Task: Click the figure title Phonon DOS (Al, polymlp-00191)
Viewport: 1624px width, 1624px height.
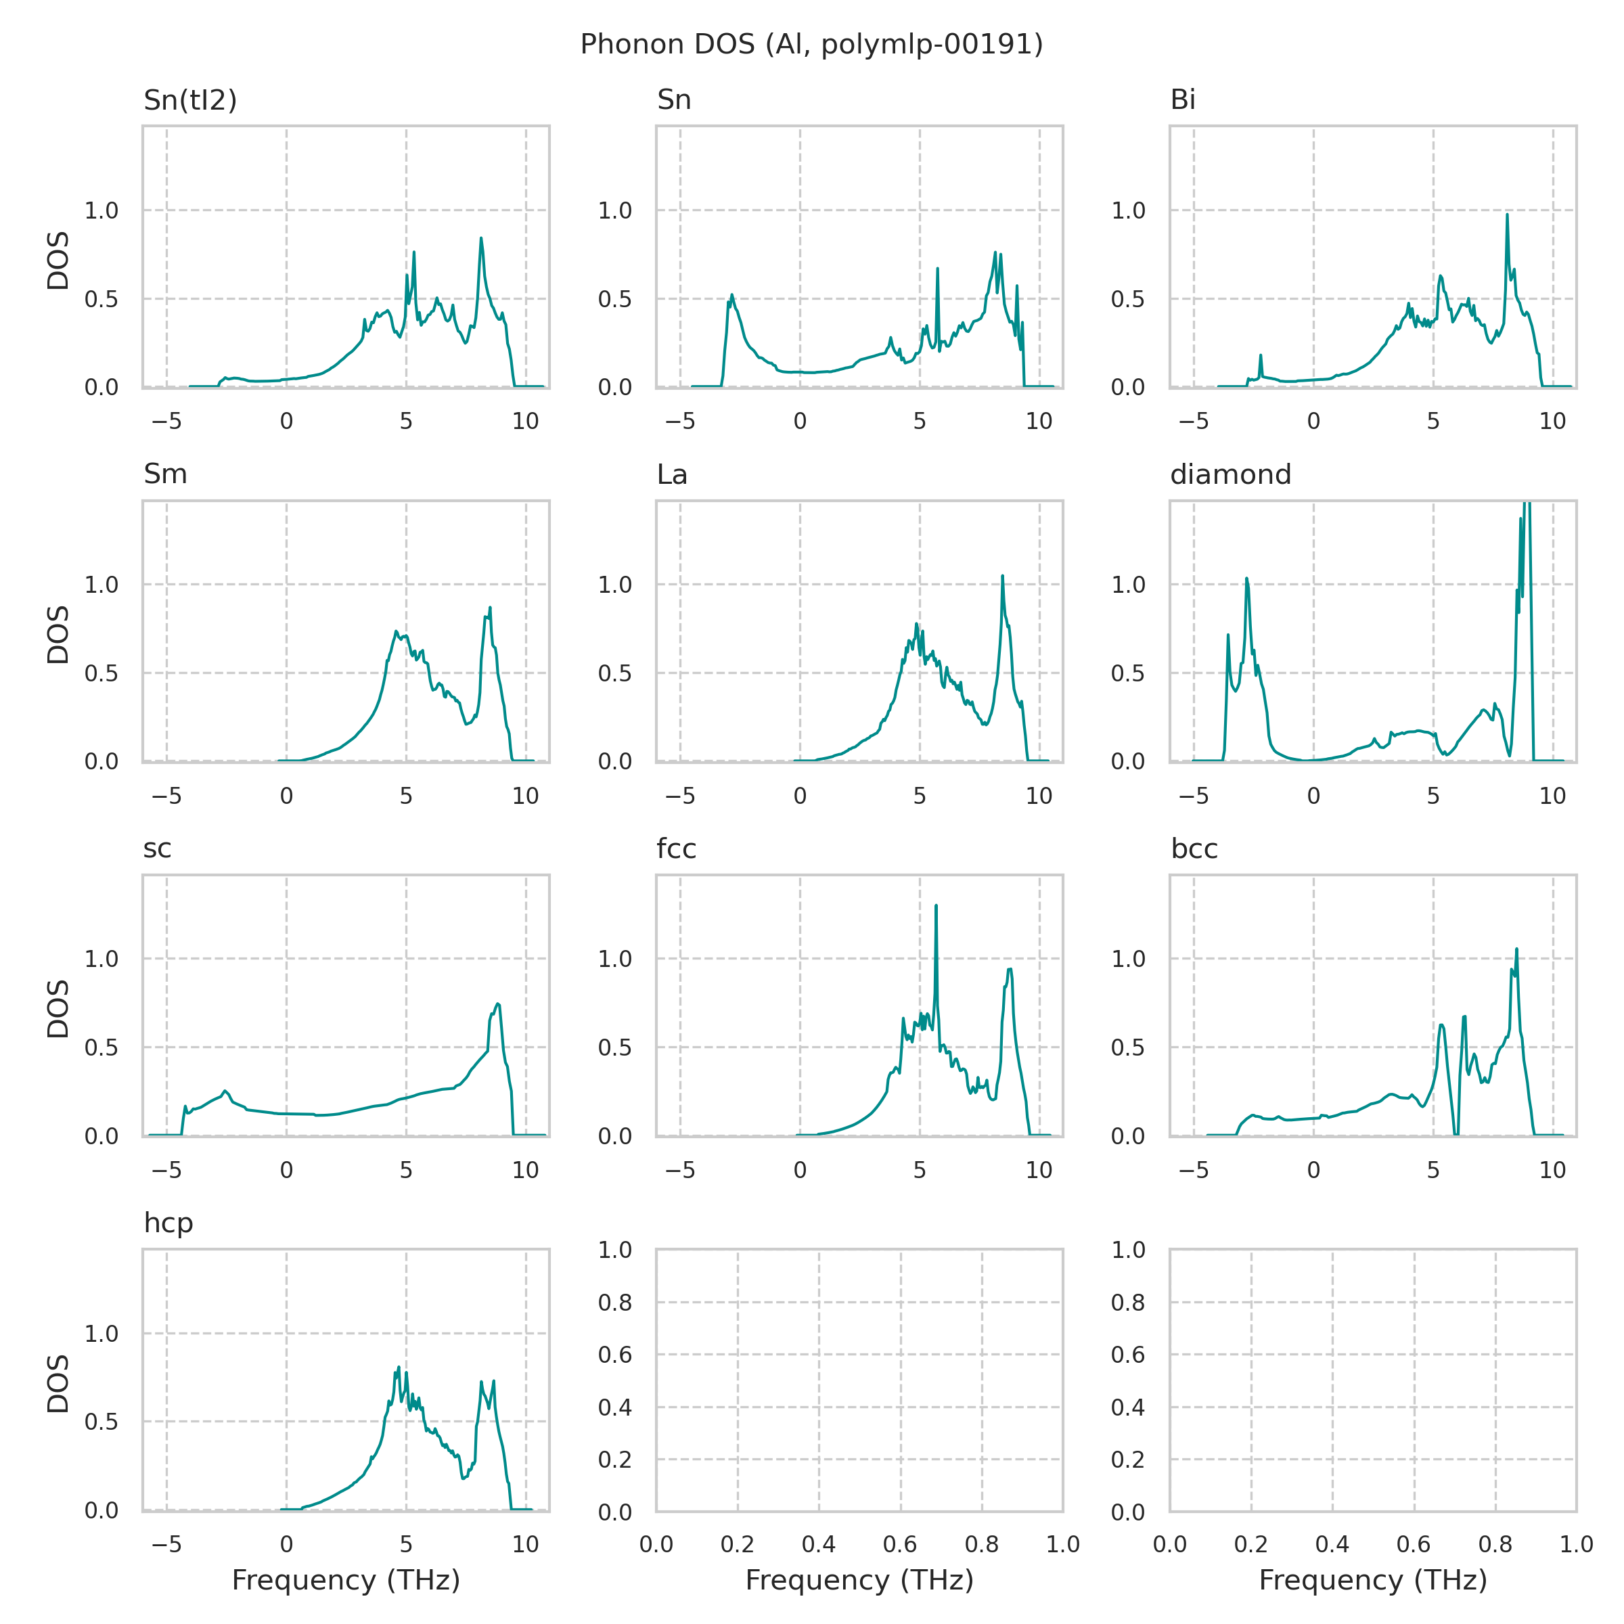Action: coord(811,45)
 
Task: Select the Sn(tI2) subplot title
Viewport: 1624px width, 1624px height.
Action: coord(190,100)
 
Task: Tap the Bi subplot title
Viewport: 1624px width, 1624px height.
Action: coord(1183,100)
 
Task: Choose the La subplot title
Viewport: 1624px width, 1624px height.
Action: coord(672,475)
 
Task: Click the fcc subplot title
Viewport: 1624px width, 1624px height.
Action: coord(676,849)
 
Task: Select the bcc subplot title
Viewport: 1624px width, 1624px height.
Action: coord(1194,849)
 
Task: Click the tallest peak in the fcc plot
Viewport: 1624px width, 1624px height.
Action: coord(936,906)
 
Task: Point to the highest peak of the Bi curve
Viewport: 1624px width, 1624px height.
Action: coord(1506,215)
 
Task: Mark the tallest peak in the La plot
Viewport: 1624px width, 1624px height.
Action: coord(1002,577)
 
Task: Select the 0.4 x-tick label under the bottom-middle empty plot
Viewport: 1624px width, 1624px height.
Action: coord(818,1544)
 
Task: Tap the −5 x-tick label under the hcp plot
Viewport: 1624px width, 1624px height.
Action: coord(166,1544)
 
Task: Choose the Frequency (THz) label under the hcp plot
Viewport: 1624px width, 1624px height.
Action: coord(346,1580)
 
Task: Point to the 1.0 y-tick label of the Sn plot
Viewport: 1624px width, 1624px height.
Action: coord(614,211)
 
